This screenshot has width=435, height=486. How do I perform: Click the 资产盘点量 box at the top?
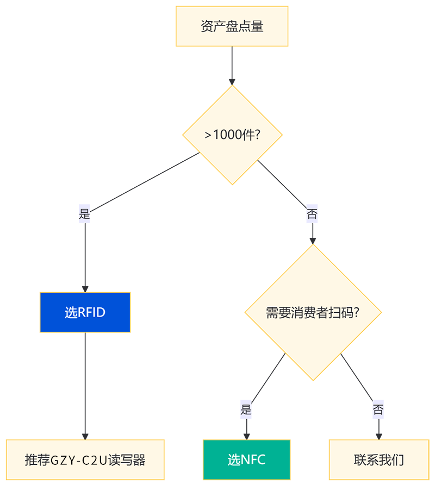(x=232, y=26)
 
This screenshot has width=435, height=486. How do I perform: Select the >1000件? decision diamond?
(x=232, y=135)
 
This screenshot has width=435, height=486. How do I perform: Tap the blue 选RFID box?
(x=85, y=312)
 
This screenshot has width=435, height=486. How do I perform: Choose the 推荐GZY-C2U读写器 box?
(x=85, y=460)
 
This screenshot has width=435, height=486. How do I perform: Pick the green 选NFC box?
(x=246, y=460)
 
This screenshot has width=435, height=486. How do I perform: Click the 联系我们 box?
(x=378, y=460)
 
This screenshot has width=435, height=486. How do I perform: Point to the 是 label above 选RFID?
(x=84, y=214)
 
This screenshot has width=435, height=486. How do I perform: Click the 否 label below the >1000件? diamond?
(x=312, y=214)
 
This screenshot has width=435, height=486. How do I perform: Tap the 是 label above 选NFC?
(x=246, y=410)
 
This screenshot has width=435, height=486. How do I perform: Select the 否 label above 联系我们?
(x=378, y=410)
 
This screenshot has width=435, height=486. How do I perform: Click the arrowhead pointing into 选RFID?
(x=85, y=286)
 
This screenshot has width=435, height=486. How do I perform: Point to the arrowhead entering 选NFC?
(x=246, y=433)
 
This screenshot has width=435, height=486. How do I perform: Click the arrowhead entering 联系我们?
(x=378, y=433)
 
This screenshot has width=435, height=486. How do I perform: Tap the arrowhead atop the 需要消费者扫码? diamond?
(x=312, y=239)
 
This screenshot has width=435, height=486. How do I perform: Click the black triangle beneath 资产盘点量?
(x=232, y=68)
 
